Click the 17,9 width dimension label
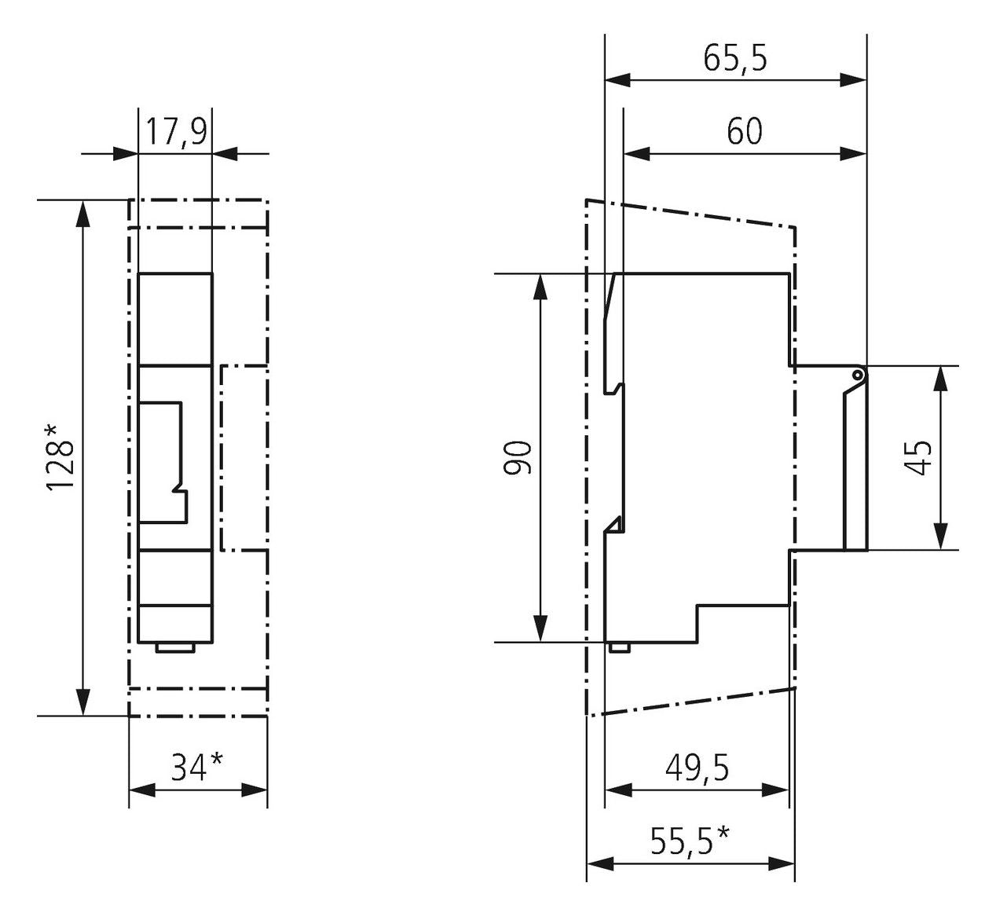coord(176,132)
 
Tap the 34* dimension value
coord(197,767)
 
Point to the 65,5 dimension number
coord(735,58)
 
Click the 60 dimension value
coord(745,132)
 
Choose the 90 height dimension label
coord(518,457)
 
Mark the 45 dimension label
coord(918,457)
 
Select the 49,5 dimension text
coord(697,768)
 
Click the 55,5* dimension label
coord(690,841)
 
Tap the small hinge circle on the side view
coord(858,375)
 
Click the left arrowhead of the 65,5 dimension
coord(618,79)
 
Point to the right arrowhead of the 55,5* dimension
coord(782,864)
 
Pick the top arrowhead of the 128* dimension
coord(84,214)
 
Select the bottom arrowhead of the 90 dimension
coord(540,628)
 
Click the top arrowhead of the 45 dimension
coord(941,379)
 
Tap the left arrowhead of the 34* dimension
coord(142,790)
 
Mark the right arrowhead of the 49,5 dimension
coord(775,790)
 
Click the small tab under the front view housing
coord(175,648)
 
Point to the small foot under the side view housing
coord(619,647)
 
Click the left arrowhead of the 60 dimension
coord(637,153)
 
